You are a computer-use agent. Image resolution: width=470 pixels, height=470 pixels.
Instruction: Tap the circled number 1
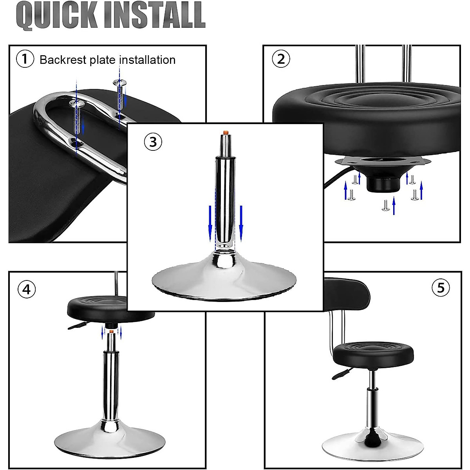[25, 60]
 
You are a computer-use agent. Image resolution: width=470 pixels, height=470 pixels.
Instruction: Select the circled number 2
[281, 59]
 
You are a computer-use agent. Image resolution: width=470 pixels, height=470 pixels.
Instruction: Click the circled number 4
[26, 289]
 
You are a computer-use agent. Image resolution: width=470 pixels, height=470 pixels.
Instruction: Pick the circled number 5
[441, 288]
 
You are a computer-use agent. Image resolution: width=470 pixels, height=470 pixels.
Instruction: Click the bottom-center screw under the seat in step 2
[386, 205]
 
